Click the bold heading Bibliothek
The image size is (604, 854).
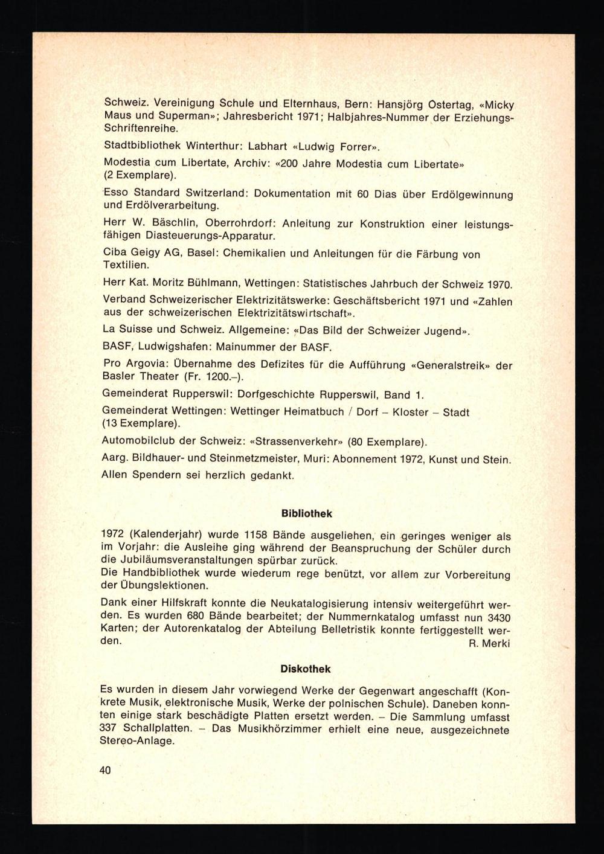point(307,513)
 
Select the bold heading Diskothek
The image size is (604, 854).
point(306,669)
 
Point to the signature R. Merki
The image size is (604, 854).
point(489,644)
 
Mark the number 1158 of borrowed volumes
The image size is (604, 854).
point(250,536)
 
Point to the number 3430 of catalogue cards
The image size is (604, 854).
point(498,618)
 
